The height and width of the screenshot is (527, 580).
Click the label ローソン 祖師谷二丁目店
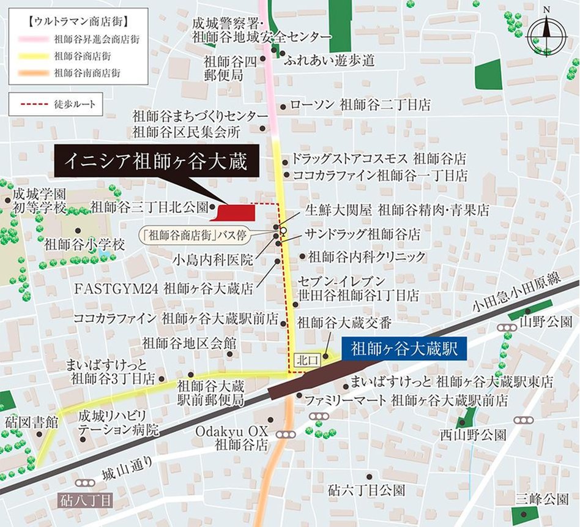360,105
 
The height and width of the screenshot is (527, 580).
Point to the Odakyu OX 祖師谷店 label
232,438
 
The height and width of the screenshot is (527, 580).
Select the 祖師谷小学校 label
84,244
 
